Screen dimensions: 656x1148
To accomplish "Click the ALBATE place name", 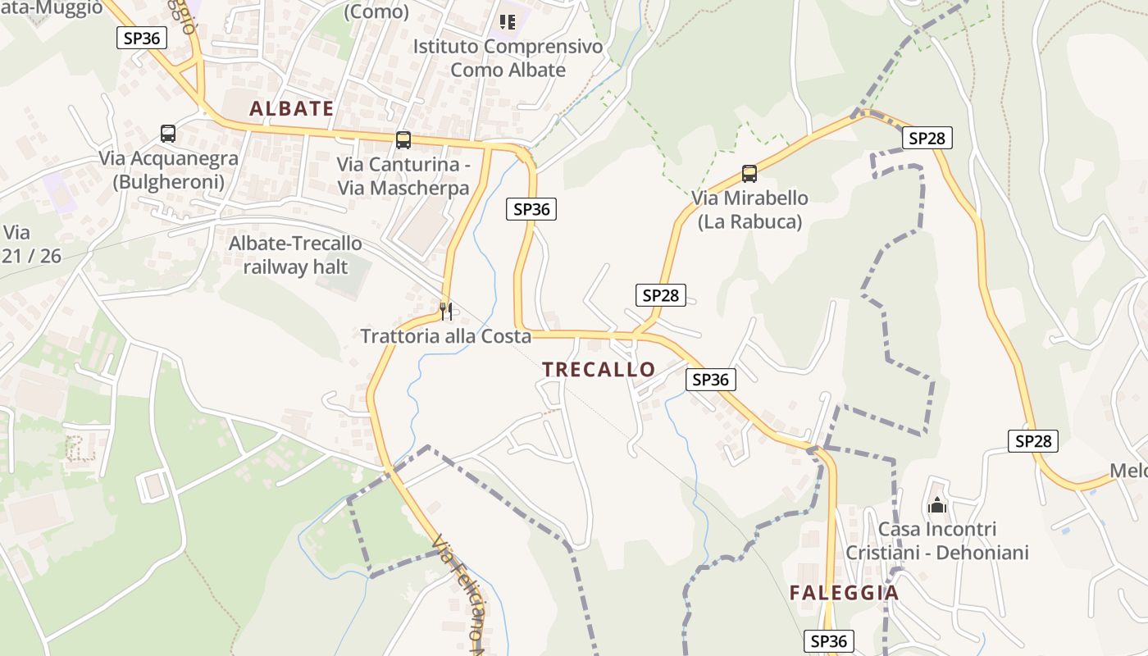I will (x=291, y=108).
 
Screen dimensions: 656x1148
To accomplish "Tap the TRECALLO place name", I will (x=599, y=370).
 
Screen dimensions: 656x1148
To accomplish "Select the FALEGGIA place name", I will (x=844, y=593).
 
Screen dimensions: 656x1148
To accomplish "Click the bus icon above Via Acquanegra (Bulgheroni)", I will (x=168, y=134).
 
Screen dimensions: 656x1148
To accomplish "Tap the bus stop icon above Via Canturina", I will (x=403, y=139).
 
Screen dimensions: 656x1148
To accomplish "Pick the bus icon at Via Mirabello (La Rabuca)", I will (x=749, y=174).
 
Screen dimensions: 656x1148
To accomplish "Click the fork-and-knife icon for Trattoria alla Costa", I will (x=446, y=311).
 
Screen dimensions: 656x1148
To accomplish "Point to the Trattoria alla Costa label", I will (x=446, y=336).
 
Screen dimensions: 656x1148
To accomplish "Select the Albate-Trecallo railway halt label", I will (x=295, y=255).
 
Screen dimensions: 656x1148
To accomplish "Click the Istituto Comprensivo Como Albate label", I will (x=508, y=58).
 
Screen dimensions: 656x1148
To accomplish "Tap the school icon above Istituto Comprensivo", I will (x=508, y=21).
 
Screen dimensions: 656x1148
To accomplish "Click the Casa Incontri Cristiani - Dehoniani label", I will (x=937, y=541).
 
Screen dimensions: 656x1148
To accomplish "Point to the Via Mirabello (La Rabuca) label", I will (x=749, y=210).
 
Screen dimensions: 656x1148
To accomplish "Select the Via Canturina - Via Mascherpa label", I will (x=403, y=176).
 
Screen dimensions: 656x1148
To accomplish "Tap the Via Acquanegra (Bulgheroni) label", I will (x=168, y=170).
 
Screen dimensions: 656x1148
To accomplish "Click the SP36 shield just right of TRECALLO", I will (x=710, y=380).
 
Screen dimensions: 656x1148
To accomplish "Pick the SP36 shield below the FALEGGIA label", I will (x=828, y=641).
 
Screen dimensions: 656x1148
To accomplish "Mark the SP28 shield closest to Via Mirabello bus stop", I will (x=927, y=139).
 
